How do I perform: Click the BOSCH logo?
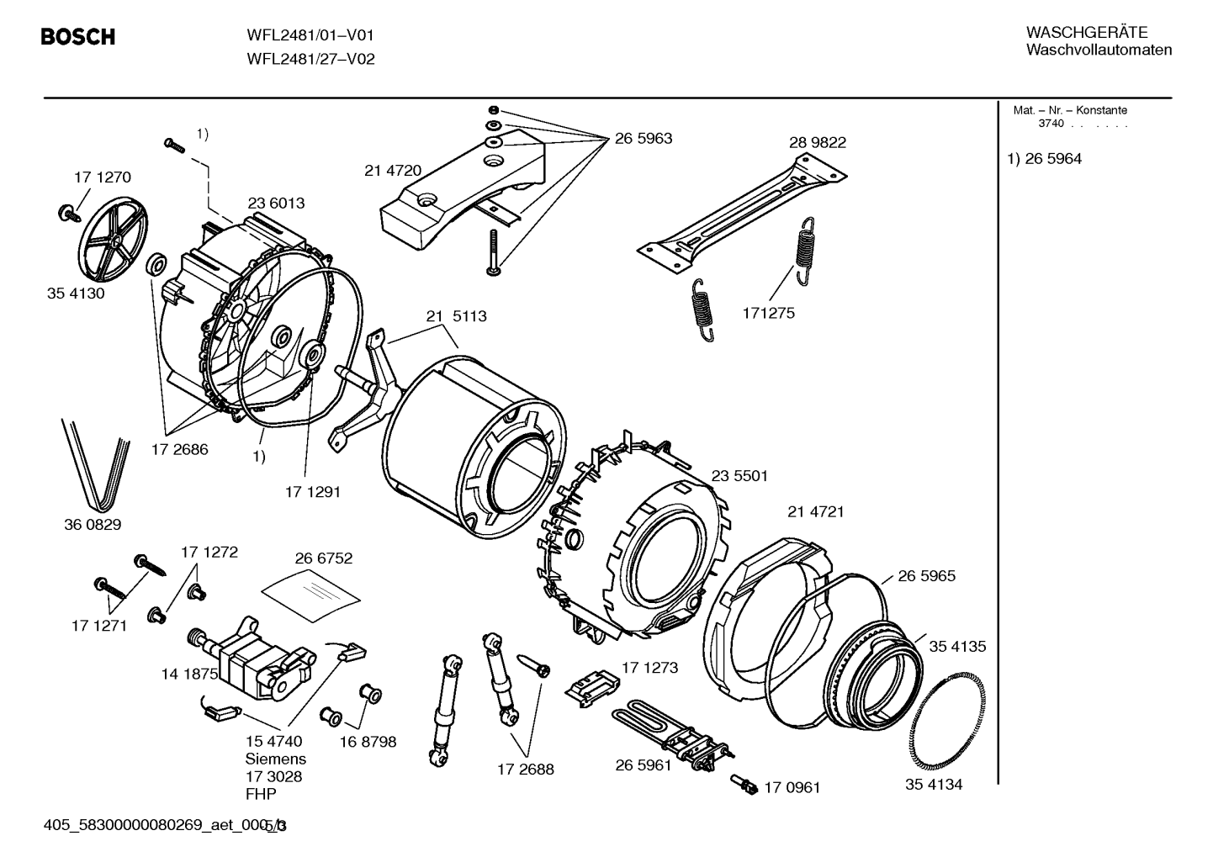(x=78, y=37)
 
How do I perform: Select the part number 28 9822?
(x=817, y=142)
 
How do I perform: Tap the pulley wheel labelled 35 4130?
(x=114, y=239)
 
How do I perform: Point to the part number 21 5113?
(x=456, y=316)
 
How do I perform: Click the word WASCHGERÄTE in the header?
(x=1086, y=33)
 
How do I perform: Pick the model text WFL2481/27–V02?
(x=311, y=59)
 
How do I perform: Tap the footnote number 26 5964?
(x=1053, y=159)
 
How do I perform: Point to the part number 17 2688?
(x=525, y=770)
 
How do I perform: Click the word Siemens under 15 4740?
(x=276, y=759)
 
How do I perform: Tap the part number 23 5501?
(x=739, y=476)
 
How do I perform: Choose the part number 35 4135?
(x=957, y=647)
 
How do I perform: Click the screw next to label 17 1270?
(x=68, y=214)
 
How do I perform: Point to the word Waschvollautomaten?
(x=1099, y=50)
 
